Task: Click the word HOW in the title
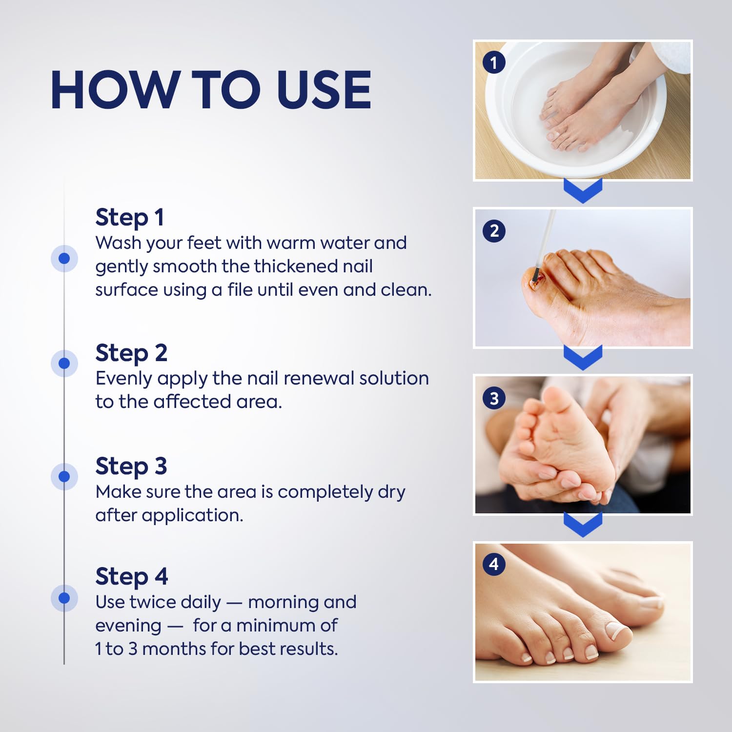(x=115, y=90)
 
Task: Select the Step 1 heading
(x=129, y=217)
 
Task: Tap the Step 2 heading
(x=131, y=353)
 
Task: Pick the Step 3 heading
(x=131, y=466)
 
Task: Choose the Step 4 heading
(x=131, y=576)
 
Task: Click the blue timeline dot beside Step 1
(x=64, y=258)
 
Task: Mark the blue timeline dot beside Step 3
(x=64, y=476)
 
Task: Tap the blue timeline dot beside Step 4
(x=64, y=598)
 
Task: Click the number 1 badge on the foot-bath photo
(x=494, y=62)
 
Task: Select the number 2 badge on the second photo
(x=494, y=230)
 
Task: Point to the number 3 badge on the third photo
(x=494, y=398)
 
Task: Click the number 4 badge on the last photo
(x=494, y=564)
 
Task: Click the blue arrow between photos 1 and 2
(x=583, y=191)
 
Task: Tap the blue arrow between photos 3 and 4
(x=583, y=525)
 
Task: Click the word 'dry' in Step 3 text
(x=391, y=492)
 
